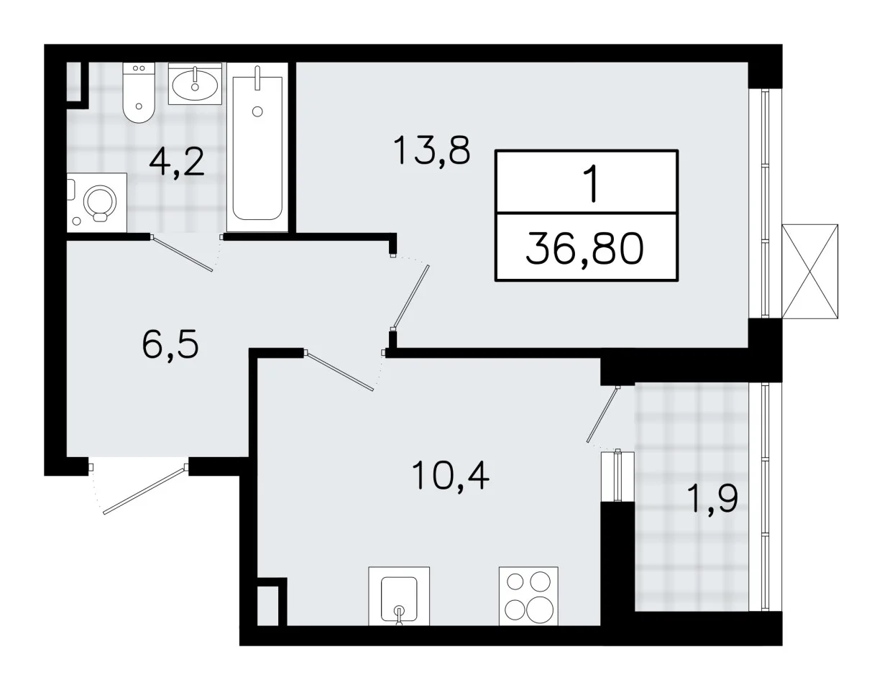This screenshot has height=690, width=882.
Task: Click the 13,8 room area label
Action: (x=431, y=150)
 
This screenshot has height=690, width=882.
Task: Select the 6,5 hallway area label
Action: (x=170, y=344)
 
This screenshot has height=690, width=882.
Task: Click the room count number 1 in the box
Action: (x=591, y=183)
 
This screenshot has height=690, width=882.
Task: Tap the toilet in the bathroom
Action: (x=139, y=93)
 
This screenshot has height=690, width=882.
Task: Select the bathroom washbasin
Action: (x=196, y=83)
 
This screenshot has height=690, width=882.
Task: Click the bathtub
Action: (x=257, y=147)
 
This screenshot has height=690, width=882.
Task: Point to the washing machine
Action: (x=97, y=203)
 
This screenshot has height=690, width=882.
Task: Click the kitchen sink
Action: (x=399, y=596)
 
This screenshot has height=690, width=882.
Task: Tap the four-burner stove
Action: (x=528, y=596)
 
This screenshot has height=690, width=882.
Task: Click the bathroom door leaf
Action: (x=181, y=254)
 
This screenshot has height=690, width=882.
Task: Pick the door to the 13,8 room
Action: (x=410, y=298)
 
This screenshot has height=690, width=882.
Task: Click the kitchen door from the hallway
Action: (x=339, y=371)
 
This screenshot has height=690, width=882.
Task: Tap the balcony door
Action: (x=603, y=415)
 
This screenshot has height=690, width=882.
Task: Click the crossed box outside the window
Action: (x=809, y=271)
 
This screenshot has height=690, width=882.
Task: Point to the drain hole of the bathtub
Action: (x=257, y=111)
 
